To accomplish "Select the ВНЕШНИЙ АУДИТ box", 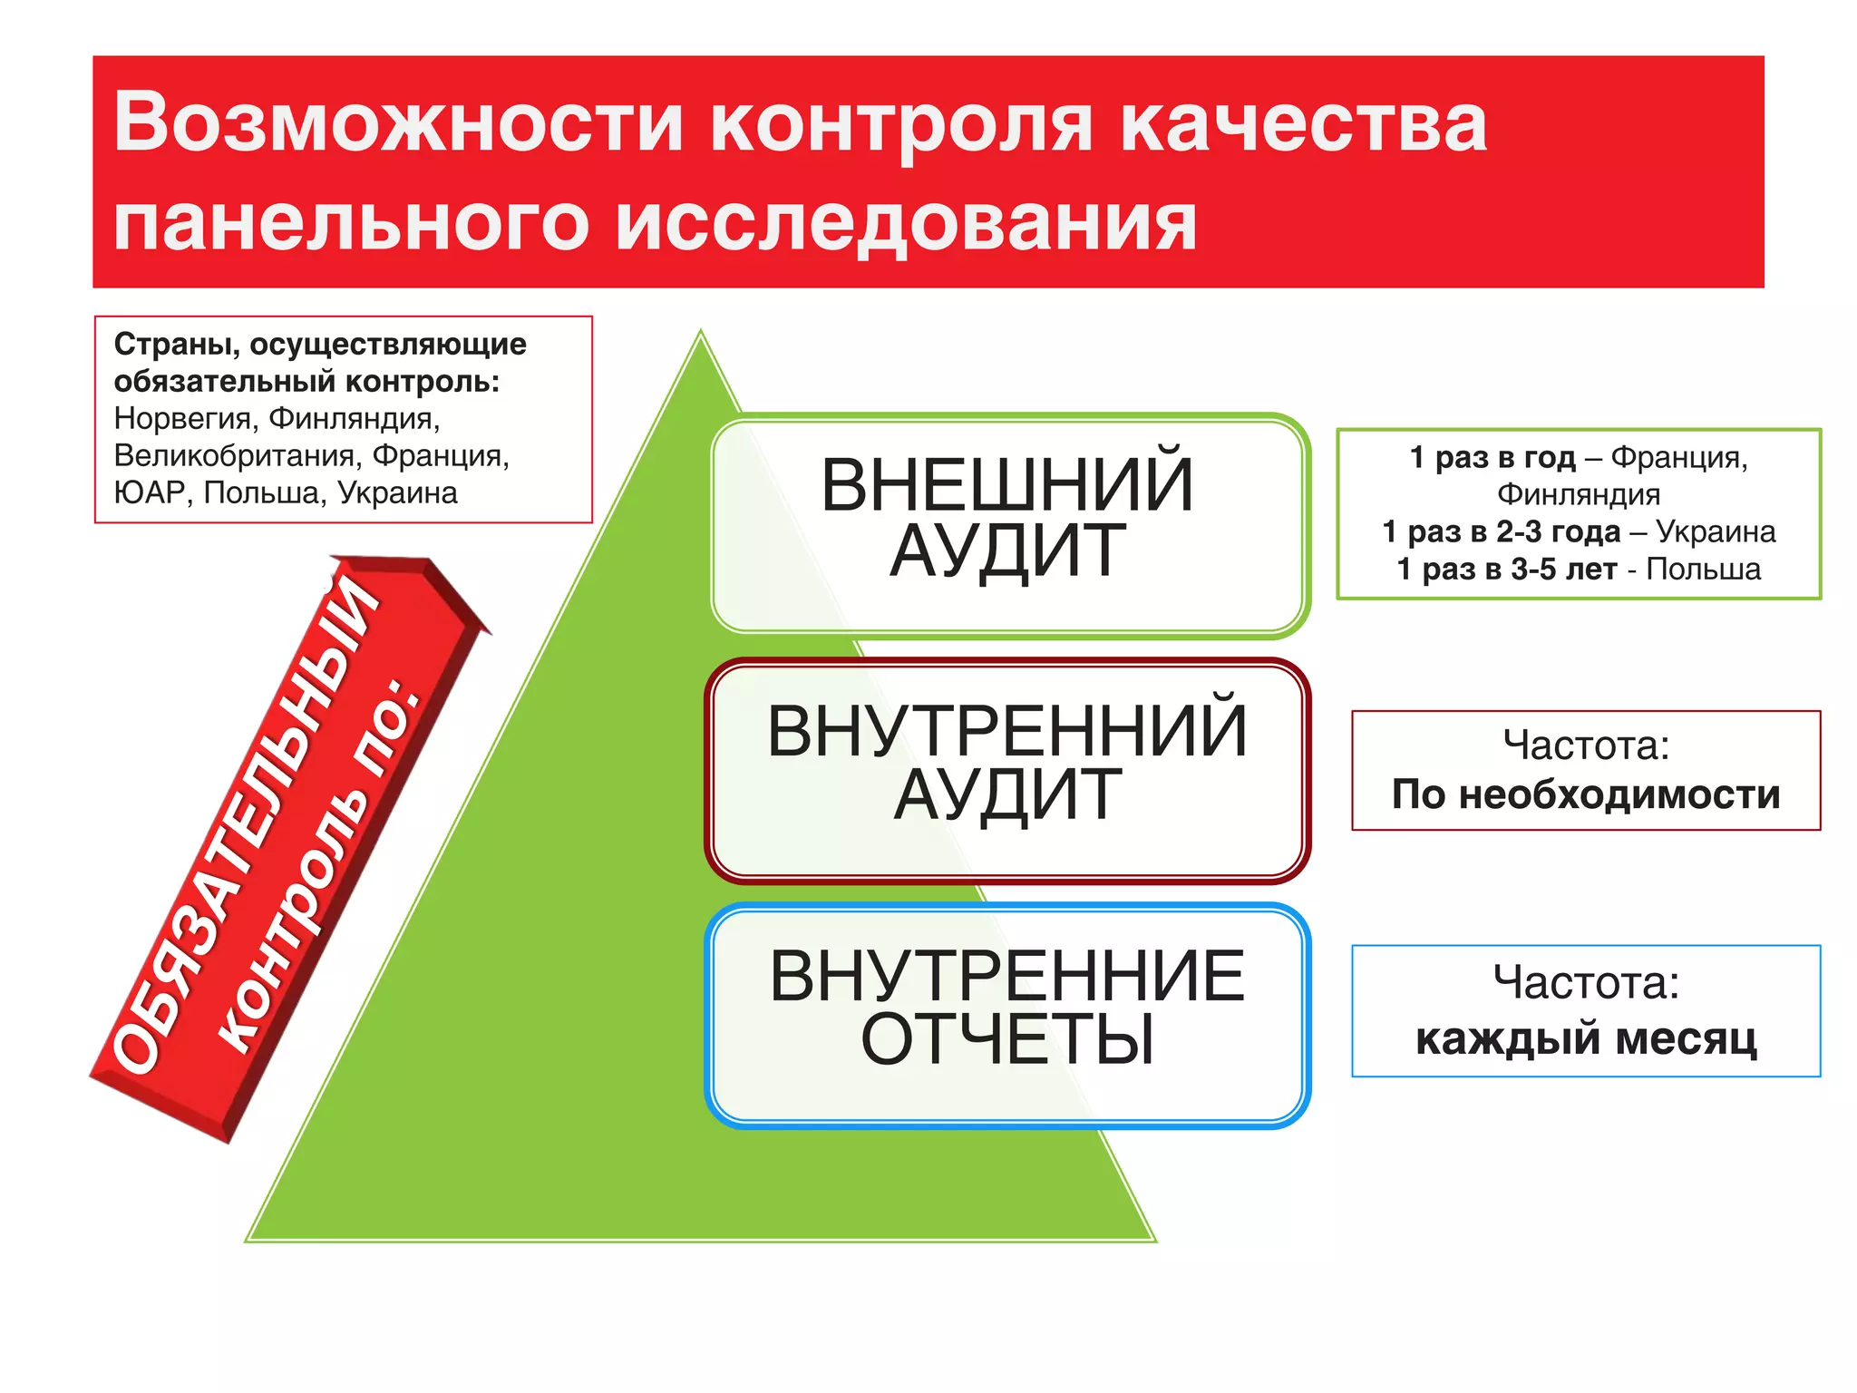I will tap(1008, 524).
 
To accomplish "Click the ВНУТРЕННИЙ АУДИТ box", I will tap(1008, 769).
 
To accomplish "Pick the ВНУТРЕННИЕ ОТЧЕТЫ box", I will tap(1008, 1014).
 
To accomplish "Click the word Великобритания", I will tap(238, 455).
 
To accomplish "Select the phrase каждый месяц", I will tap(1586, 1038).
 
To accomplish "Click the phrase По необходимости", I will tap(1586, 794).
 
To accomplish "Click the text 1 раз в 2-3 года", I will tap(1501, 531).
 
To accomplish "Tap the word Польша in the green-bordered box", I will tap(1703, 570).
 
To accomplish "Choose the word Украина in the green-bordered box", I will tap(1716, 531).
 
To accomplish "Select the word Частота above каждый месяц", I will tap(1586, 982).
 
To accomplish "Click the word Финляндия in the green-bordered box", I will tap(1579, 494).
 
